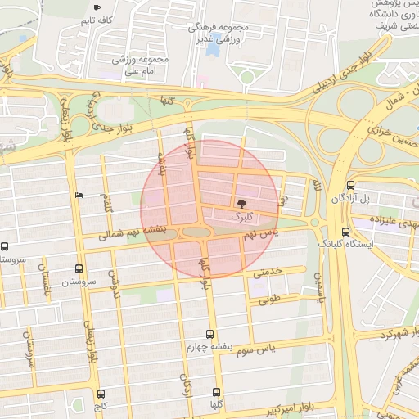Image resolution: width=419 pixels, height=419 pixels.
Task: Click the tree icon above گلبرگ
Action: (x=241, y=201)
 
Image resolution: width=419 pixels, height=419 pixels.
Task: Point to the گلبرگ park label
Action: (x=242, y=217)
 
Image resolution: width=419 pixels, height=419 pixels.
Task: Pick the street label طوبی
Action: (x=271, y=300)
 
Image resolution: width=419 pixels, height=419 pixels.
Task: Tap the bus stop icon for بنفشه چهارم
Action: (x=210, y=334)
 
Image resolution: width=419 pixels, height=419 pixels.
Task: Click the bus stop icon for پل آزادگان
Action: (x=351, y=186)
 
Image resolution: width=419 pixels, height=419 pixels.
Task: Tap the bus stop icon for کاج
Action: (x=101, y=394)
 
